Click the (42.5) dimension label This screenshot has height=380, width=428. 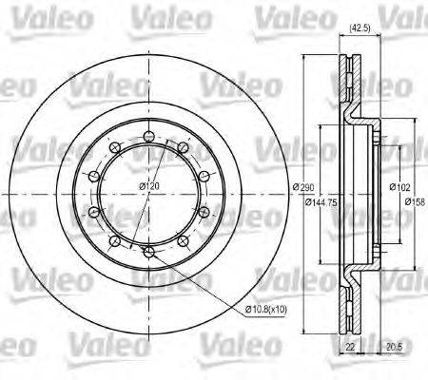click(x=360, y=29)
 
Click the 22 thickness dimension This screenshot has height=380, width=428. click(x=349, y=349)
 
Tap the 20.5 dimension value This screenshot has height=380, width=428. click(x=393, y=349)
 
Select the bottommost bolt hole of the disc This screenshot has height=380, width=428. click(x=147, y=251)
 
